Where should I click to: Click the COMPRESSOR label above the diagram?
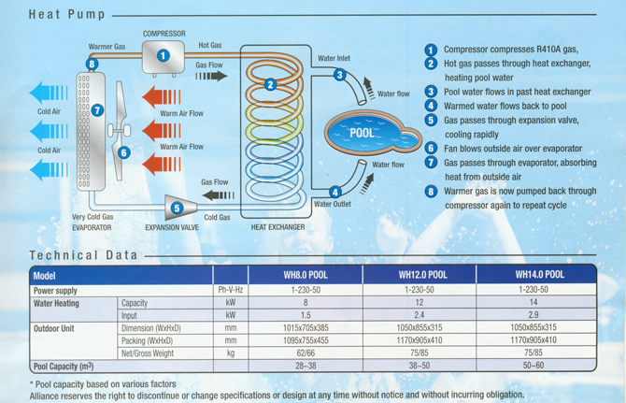pyautogui.click(x=164, y=34)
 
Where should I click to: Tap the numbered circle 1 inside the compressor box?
pyautogui.click(x=164, y=56)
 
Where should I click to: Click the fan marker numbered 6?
pyautogui.click(x=124, y=152)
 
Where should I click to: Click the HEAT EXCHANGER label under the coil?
pyautogui.click(x=277, y=227)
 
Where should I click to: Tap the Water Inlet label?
pyautogui.click(x=334, y=58)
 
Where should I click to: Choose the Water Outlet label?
pyautogui.click(x=333, y=204)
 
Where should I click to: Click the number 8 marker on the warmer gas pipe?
pyautogui.click(x=92, y=64)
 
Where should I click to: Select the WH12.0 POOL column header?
pyautogui.click(x=422, y=276)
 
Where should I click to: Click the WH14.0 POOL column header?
pyautogui.click(x=539, y=276)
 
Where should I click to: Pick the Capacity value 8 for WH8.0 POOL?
pyautogui.click(x=305, y=303)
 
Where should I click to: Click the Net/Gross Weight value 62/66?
pyautogui.click(x=305, y=353)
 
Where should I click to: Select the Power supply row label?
pyautogui.click(x=56, y=290)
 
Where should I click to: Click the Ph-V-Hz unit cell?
pyautogui.click(x=230, y=290)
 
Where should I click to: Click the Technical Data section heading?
pyautogui.click(x=83, y=255)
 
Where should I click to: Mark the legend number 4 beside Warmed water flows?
pyautogui.click(x=431, y=106)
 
